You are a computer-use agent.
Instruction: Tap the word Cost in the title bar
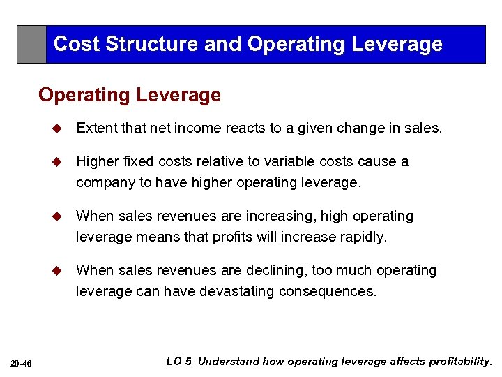(77, 44)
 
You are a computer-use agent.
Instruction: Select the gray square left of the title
(31, 45)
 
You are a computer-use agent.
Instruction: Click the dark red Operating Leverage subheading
(130, 95)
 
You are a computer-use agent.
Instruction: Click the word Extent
(96, 128)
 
